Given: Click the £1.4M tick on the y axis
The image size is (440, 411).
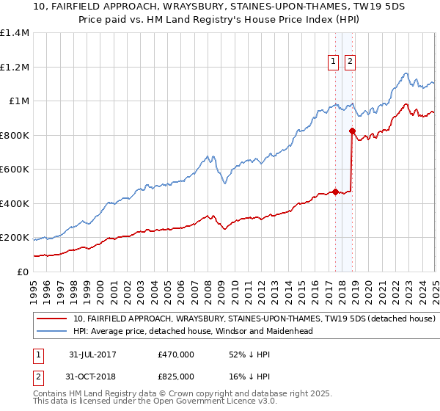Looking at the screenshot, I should pyautogui.click(x=15, y=33).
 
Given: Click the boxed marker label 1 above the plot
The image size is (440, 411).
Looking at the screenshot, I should pyautogui.click(x=334, y=62).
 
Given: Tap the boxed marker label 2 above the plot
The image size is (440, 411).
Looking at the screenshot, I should pyautogui.click(x=350, y=62).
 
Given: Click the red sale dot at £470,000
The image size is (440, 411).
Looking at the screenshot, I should pyautogui.click(x=336, y=192).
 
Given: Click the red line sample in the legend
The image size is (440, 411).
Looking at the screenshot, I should pyautogui.click(x=51, y=319).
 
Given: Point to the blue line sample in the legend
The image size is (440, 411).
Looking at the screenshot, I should pyautogui.click(x=51, y=331).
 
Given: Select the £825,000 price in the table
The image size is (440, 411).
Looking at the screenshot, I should pyautogui.click(x=176, y=377).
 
